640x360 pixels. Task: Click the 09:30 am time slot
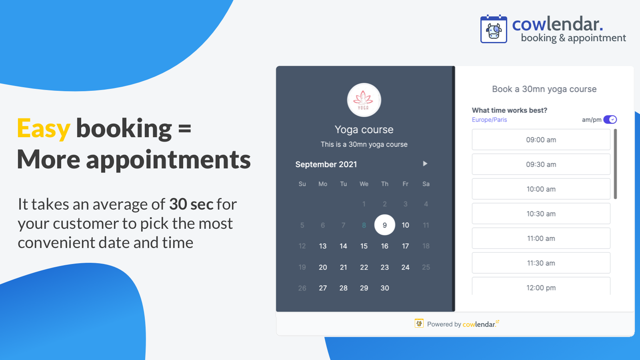pyautogui.click(x=541, y=164)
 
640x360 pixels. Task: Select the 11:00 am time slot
pyautogui.click(x=541, y=238)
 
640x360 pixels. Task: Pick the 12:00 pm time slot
pyautogui.click(x=541, y=287)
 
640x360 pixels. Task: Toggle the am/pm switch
pyautogui.click(x=610, y=120)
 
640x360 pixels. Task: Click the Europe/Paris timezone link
pyautogui.click(x=489, y=120)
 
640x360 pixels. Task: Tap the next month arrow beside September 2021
pyautogui.click(x=425, y=164)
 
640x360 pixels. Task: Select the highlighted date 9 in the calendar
pyautogui.click(x=384, y=225)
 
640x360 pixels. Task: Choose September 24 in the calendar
pyautogui.click(x=405, y=267)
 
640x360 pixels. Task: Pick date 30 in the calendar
pyautogui.click(x=384, y=288)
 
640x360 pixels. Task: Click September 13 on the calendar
pyautogui.click(x=323, y=246)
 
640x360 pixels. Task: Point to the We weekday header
pyautogui.click(x=364, y=184)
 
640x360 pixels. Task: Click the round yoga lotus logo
pyautogui.click(x=364, y=100)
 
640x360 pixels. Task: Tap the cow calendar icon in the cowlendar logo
pyautogui.click(x=494, y=30)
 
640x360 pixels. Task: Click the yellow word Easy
pyautogui.click(x=44, y=129)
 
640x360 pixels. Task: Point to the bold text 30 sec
pyautogui.click(x=191, y=204)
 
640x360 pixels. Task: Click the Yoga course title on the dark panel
pyautogui.click(x=364, y=130)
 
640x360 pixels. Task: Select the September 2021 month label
pyautogui.click(x=326, y=164)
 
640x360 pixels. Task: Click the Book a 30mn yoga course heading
pyautogui.click(x=544, y=89)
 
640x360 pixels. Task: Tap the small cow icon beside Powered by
pyautogui.click(x=419, y=323)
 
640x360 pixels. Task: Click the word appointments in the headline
pyautogui.click(x=168, y=160)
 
